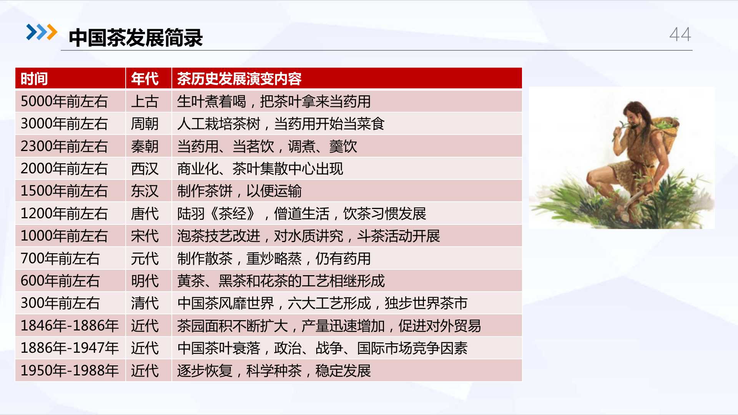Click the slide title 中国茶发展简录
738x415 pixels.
coord(136,38)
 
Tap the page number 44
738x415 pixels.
coord(680,35)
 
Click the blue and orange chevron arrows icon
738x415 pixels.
coord(42,32)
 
